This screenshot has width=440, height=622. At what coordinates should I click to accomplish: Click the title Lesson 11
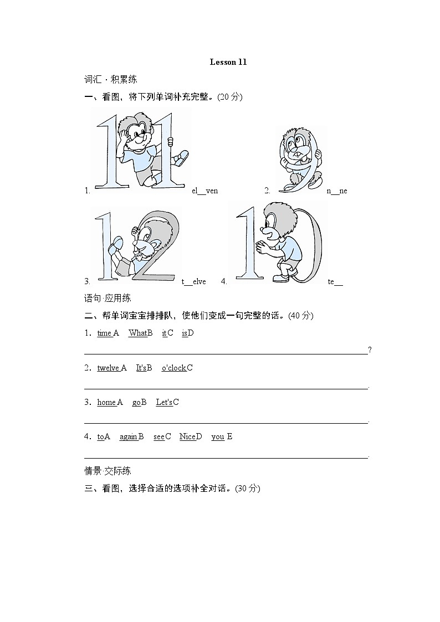click(x=228, y=62)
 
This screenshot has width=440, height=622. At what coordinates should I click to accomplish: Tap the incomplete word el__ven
click(x=204, y=191)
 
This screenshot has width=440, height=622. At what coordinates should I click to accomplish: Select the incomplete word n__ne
click(x=336, y=191)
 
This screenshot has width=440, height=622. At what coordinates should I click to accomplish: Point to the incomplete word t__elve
click(x=193, y=281)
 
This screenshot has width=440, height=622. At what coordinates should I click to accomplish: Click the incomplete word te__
click(x=335, y=281)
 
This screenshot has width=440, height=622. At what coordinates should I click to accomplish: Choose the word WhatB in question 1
click(x=140, y=333)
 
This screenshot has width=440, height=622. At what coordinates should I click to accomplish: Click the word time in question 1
click(x=104, y=333)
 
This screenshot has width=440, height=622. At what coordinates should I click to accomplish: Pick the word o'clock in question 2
click(x=173, y=368)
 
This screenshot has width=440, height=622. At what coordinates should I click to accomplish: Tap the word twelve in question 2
click(x=108, y=368)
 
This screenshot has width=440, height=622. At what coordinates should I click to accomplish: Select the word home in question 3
click(x=106, y=402)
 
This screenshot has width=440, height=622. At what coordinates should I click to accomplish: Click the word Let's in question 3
click(x=164, y=402)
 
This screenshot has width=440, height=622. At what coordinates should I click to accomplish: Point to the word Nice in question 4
click(x=187, y=436)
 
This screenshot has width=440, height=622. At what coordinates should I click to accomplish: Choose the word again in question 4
click(x=128, y=436)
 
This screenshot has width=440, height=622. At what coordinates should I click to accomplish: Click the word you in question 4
click(x=218, y=436)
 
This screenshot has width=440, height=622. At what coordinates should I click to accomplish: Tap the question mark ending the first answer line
click(x=370, y=350)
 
